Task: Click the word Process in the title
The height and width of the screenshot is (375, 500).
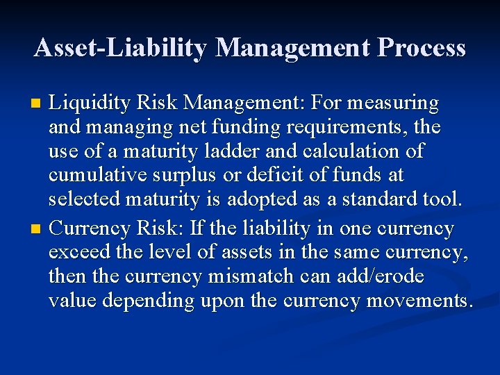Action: point(422,48)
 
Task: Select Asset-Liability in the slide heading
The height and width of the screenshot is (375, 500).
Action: point(120,48)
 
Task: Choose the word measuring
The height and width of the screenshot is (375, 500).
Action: point(394,103)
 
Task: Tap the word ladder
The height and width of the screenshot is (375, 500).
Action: point(235,152)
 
